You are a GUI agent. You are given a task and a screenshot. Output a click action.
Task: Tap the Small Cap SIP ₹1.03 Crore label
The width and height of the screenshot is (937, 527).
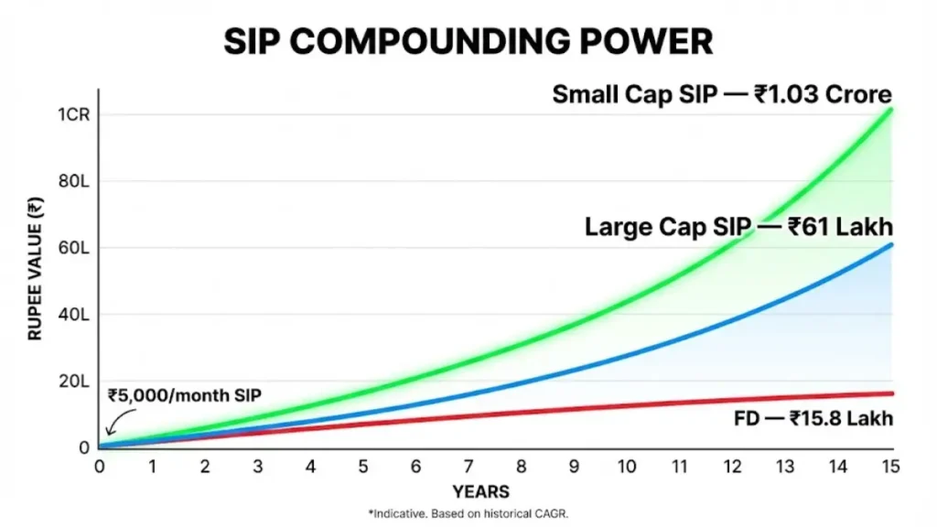722,95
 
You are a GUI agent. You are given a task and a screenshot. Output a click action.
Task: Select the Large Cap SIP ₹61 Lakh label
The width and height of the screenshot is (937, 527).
738,227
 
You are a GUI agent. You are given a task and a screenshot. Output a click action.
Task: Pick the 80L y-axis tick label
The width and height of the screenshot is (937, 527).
73,181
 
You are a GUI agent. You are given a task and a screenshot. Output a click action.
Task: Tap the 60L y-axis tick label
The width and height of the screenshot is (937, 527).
73,248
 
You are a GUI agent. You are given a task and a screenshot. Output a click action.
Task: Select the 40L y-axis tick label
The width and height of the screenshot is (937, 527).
73,315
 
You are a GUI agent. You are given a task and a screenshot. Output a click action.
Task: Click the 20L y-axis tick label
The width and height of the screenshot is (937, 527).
73,382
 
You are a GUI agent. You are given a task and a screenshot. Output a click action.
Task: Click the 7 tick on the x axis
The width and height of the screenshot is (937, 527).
468,466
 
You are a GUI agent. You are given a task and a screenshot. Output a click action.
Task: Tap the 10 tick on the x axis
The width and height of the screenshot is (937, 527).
627,466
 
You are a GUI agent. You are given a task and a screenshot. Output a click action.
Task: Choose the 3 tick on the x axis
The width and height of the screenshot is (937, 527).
258,466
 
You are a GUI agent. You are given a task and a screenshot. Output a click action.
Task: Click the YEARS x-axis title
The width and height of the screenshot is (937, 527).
480,491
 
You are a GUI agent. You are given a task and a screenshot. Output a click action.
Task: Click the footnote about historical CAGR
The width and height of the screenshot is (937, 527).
468,514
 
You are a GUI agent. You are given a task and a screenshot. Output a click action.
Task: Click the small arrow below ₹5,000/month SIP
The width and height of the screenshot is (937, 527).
113,424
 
